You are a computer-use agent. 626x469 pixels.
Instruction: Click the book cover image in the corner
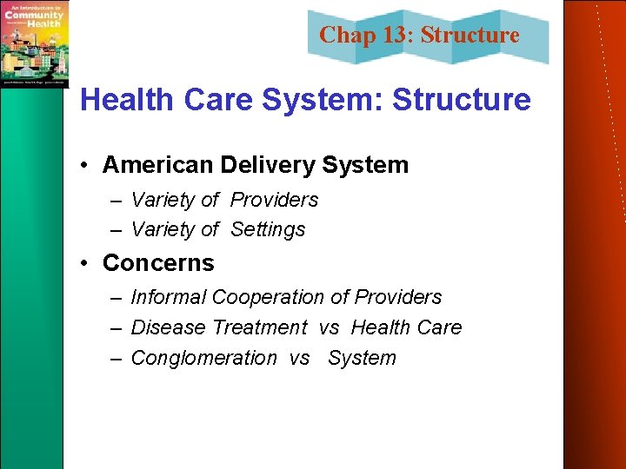click(x=34, y=43)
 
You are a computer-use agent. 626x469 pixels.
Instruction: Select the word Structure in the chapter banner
click(x=469, y=36)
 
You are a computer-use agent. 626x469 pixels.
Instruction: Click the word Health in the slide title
click(x=127, y=100)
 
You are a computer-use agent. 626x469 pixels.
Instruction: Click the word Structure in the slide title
click(x=461, y=100)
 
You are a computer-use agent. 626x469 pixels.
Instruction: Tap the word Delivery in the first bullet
click(x=258, y=165)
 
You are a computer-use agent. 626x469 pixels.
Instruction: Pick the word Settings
click(x=268, y=230)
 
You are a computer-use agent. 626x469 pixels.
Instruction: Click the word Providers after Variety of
click(x=274, y=200)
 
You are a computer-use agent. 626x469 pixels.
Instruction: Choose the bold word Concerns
click(x=158, y=262)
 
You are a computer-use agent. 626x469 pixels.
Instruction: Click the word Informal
click(x=168, y=297)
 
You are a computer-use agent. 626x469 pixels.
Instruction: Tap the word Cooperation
click(x=267, y=297)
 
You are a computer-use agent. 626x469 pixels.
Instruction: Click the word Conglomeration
click(x=203, y=358)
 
